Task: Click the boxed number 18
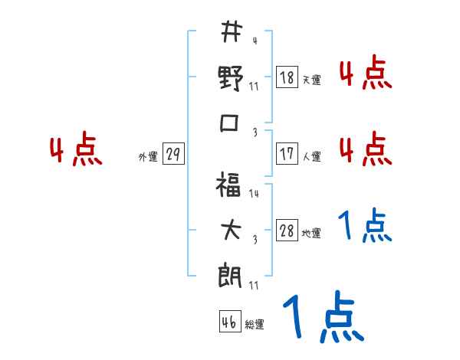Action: coord(287,77)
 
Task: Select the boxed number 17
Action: coord(287,153)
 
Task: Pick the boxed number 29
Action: coord(173,154)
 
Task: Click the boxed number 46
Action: coord(228,322)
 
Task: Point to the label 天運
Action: coord(311,80)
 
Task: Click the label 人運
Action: coord(311,156)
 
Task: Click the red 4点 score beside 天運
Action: coord(365,74)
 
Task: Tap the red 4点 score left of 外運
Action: coord(75,151)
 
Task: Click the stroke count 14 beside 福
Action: coord(254,194)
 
